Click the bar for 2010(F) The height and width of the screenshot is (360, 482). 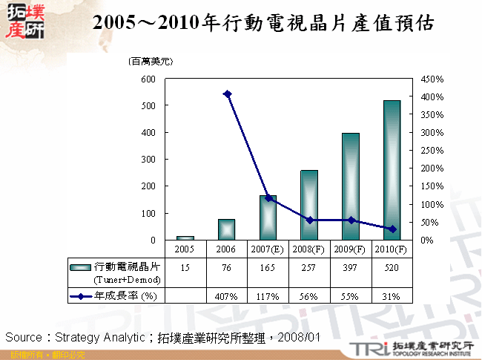coord(392,170)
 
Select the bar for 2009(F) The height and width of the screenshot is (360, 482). coord(350,186)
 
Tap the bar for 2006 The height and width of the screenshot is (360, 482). coord(226,229)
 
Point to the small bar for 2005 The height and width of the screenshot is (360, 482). coord(185,238)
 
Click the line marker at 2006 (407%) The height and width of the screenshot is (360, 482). coord(227,94)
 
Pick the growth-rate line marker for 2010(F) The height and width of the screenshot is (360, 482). coord(392,229)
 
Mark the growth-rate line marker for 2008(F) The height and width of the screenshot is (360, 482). coord(309,220)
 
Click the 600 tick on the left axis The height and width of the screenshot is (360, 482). coord(148,79)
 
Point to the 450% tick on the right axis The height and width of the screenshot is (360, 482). coord(432,79)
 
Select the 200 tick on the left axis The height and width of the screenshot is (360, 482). coord(148,186)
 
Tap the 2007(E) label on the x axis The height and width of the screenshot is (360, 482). coord(268,249)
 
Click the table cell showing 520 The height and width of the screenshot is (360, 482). coord(392,267)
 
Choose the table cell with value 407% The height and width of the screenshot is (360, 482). coord(226,296)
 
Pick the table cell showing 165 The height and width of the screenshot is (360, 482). coord(268,267)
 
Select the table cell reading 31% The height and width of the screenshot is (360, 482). coord(392,296)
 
